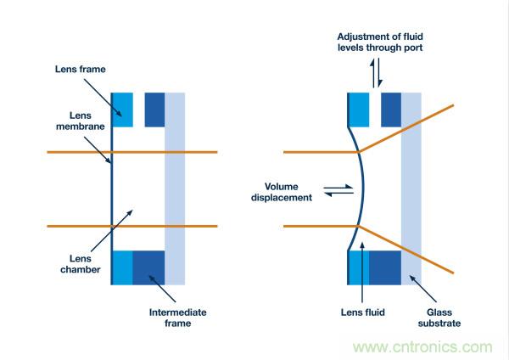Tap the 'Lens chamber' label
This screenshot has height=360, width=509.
tap(81, 263)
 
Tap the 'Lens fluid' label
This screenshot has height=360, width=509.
tap(362, 312)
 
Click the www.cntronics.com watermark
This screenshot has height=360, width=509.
tap(422, 346)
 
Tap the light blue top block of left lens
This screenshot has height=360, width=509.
tap(122, 109)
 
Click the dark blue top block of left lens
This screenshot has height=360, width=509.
tap(154, 109)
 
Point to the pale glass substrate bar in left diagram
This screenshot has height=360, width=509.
tap(175, 187)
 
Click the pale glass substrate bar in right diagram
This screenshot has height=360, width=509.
tap(411, 187)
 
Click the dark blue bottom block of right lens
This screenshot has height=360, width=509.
tap(385, 267)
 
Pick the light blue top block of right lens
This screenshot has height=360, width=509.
tap(359, 109)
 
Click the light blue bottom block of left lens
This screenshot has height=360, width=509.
tap(122, 267)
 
